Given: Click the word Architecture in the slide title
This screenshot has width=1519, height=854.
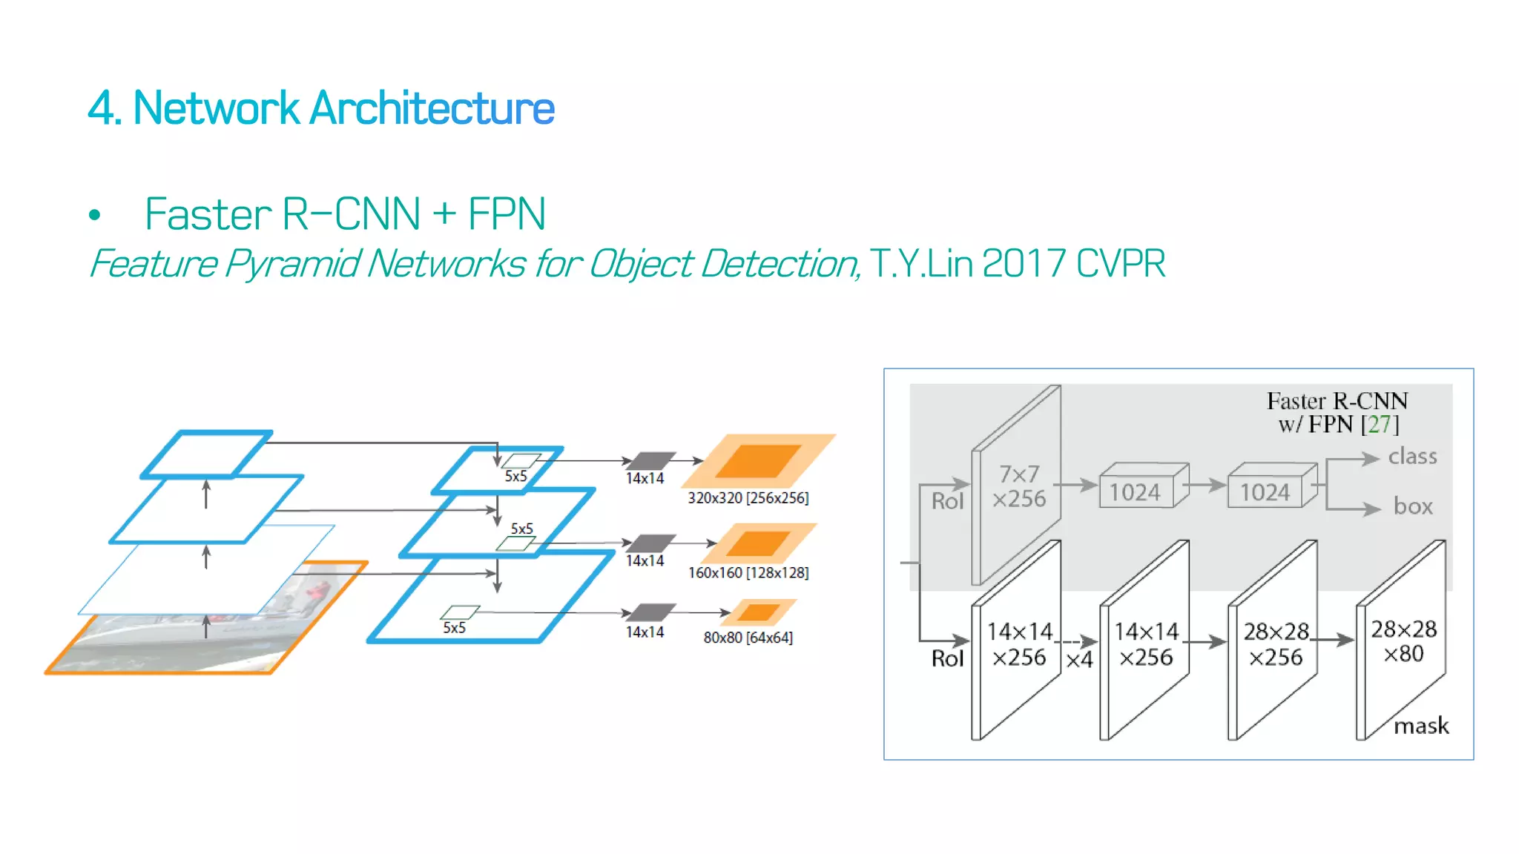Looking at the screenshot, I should [432, 108].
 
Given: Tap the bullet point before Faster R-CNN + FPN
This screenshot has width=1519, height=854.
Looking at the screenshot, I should [94, 216].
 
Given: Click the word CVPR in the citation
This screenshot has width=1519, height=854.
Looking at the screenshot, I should [1120, 263].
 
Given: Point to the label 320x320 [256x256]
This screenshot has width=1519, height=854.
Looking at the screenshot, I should [748, 498].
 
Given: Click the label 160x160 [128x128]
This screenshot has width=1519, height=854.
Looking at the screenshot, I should [748, 573].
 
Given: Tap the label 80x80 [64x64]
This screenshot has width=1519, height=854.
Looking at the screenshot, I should [748, 638].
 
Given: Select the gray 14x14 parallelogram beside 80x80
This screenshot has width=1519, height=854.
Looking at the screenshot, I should [650, 612].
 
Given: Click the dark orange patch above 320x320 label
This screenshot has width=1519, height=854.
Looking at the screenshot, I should [758, 461].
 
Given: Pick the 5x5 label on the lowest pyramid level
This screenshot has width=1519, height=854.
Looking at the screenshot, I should [455, 628].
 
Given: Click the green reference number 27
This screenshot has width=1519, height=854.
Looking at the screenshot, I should [1379, 424].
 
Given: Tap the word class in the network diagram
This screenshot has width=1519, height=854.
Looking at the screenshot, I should [1412, 456].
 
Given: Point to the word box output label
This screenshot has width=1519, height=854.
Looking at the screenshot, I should [1413, 506].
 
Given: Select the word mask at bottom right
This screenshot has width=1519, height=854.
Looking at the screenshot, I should [1420, 726].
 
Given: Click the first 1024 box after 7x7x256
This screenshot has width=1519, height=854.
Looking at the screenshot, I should [1135, 492].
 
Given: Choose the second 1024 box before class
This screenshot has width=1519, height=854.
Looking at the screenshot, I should [1265, 492].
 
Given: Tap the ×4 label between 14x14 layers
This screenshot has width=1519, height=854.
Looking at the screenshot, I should [1079, 660].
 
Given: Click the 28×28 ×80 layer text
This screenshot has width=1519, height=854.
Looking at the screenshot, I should [1403, 641].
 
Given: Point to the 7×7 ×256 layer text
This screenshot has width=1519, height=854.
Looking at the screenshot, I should [1019, 486].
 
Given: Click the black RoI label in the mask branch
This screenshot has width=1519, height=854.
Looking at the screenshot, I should [947, 658].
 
